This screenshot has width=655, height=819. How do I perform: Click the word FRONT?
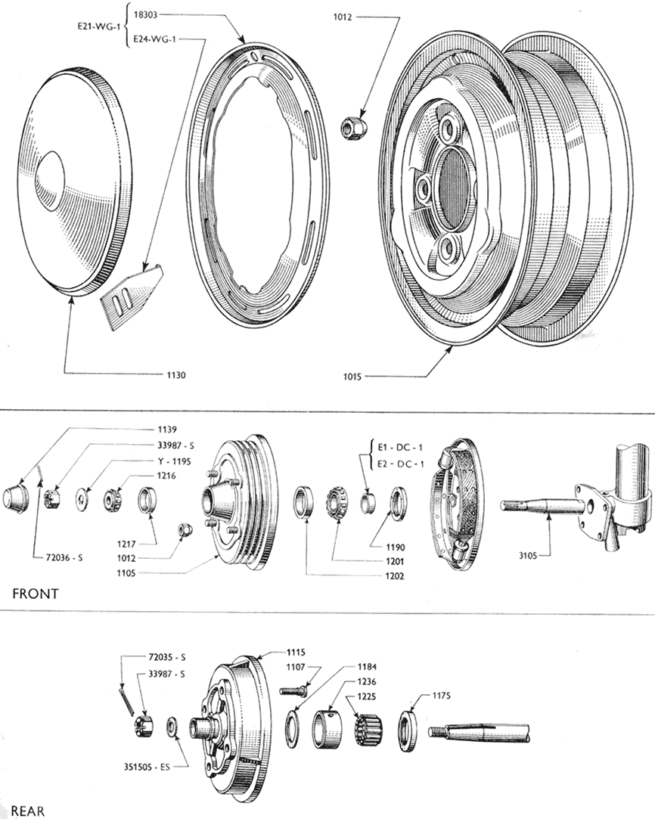(36, 594)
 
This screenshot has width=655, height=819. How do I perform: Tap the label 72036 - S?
(58, 558)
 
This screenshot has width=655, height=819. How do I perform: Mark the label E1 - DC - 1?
(400, 448)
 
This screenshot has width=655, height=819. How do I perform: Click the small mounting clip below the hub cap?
(131, 296)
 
